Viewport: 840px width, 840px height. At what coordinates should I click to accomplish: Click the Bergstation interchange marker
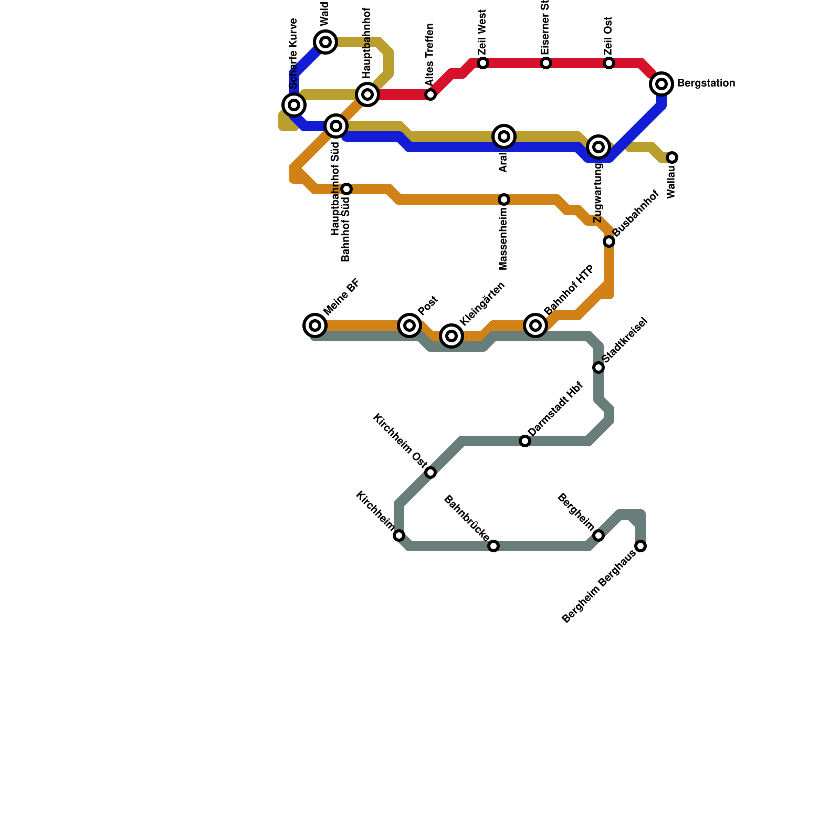point(661,83)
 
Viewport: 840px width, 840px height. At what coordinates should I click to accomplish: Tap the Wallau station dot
point(672,157)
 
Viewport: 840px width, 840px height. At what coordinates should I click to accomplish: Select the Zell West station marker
point(483,63)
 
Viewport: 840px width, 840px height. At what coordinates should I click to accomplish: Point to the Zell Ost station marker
point(609,63)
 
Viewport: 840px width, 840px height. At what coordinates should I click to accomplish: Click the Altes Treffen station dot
point(430,94)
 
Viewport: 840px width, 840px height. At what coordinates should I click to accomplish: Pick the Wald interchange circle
point(325,41)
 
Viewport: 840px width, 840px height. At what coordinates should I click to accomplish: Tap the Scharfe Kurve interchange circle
point(294,105)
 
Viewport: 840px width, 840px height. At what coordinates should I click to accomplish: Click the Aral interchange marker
point(504,136)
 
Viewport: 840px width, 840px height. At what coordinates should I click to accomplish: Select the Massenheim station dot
point(504,199)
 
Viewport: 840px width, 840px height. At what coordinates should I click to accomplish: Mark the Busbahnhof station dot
point(609,241)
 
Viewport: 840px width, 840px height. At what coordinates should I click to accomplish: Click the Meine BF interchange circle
point(315,325)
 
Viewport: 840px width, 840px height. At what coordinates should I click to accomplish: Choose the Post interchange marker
point(409,325)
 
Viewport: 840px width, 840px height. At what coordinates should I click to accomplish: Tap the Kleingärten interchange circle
point(451,336)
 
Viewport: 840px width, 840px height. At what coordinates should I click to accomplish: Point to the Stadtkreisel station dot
point(598,367)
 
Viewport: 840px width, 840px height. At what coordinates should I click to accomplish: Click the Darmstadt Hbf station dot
point(525,441)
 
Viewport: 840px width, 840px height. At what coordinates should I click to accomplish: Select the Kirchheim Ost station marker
point(430,472)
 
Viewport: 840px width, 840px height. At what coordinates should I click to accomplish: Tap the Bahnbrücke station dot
point(493,546)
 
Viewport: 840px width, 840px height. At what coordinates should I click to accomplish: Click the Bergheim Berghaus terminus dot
point(640,546)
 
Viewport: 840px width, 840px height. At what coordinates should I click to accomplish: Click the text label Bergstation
point(706,83)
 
